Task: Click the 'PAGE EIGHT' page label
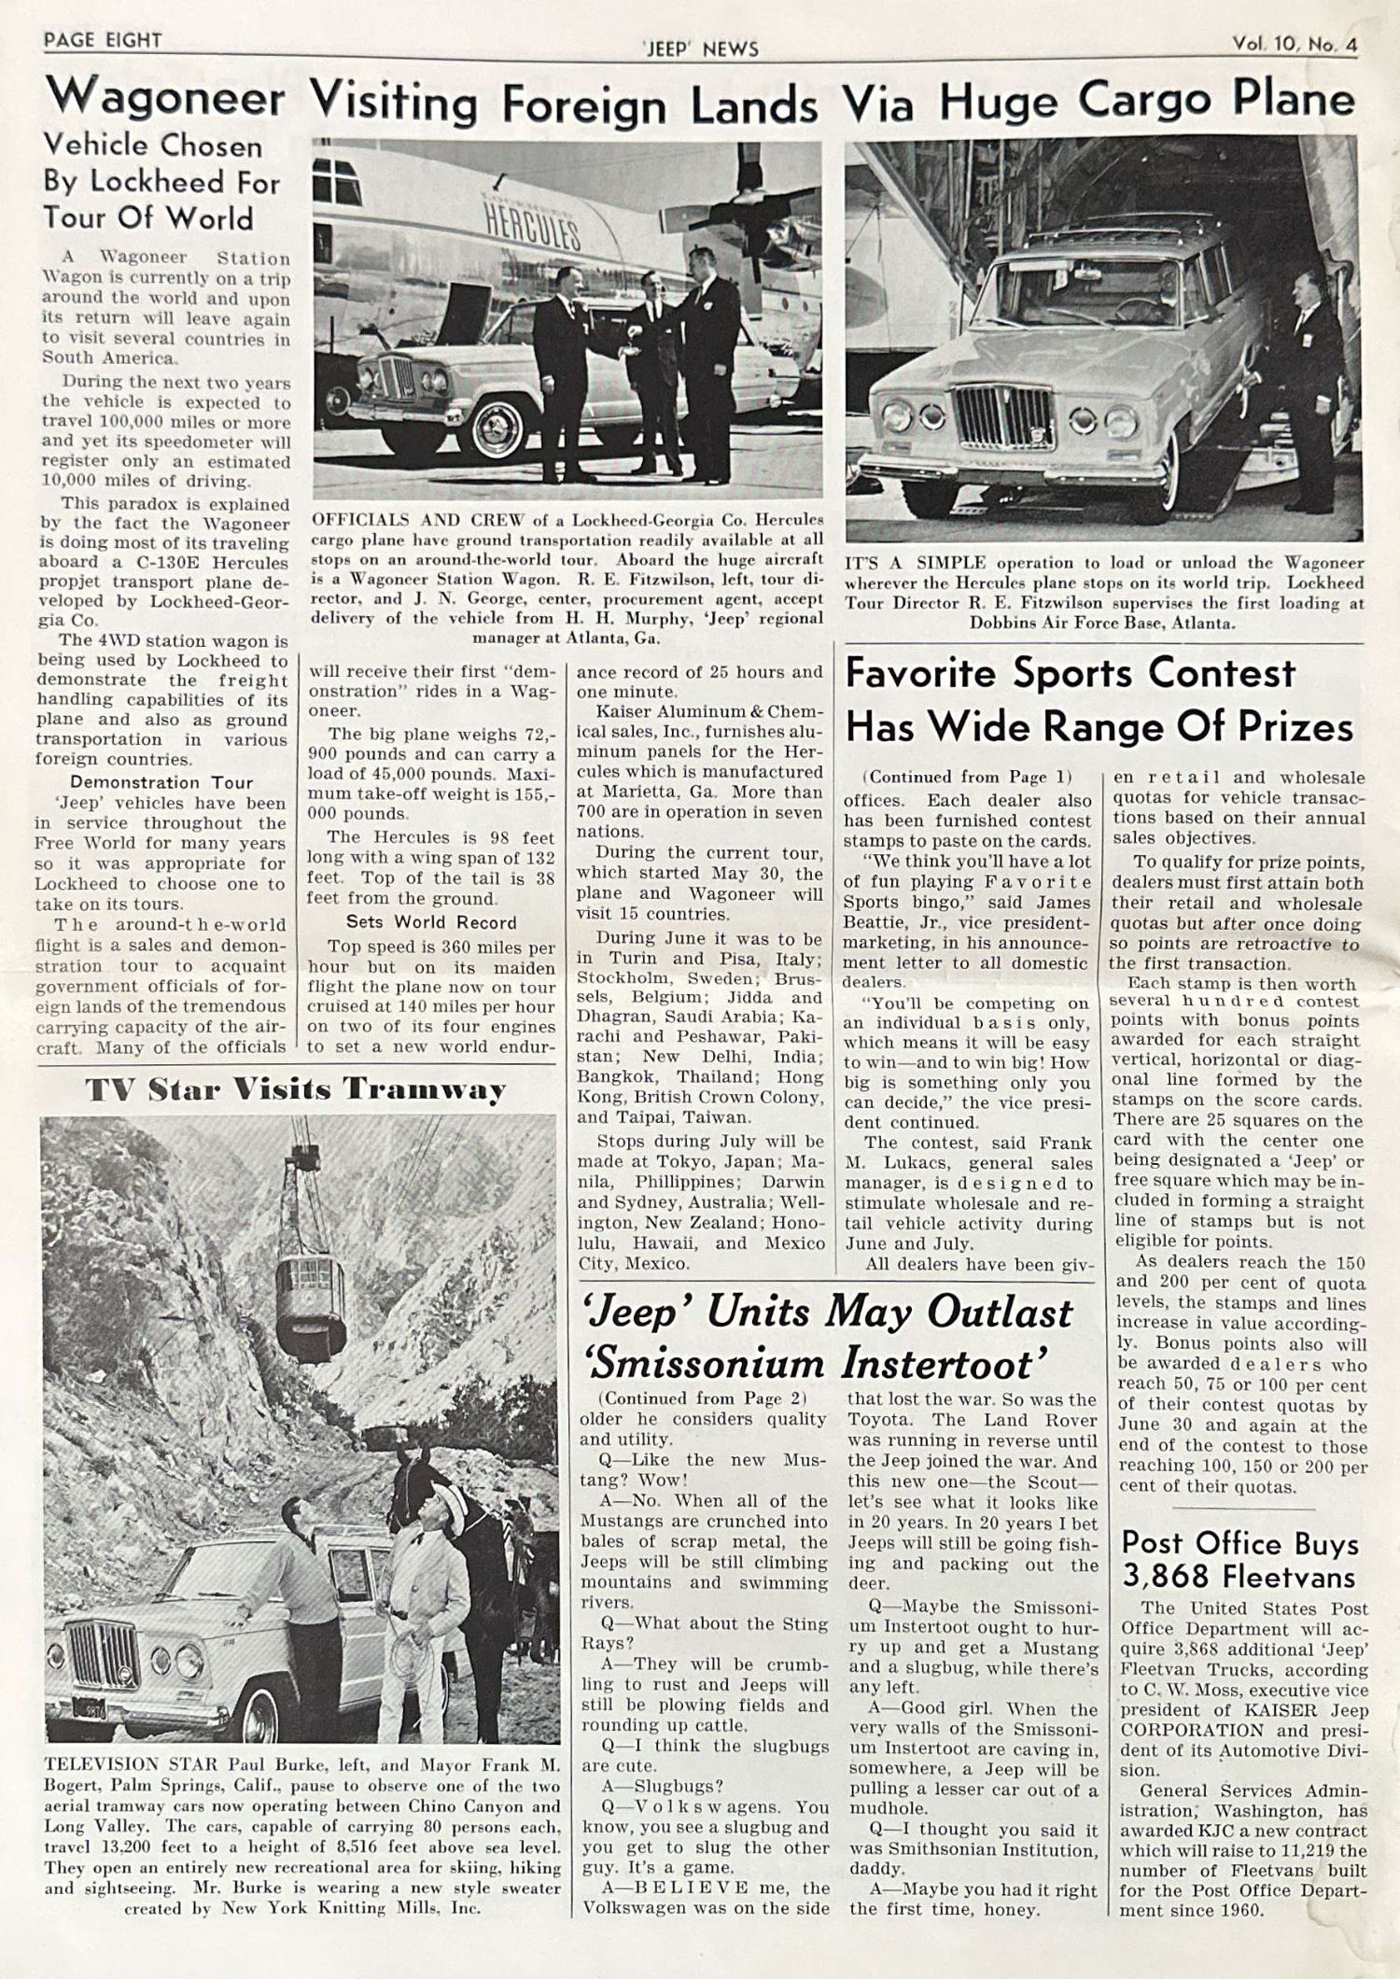point(103,40)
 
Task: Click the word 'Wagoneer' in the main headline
point(166,98)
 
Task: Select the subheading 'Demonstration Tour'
point(161,782)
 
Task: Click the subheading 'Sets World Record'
point(431,922)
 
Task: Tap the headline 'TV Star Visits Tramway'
point(296,1089)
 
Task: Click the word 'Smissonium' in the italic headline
point(707,1366)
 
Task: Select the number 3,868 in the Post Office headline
point(1161,1578)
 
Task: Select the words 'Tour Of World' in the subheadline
point(149,218)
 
